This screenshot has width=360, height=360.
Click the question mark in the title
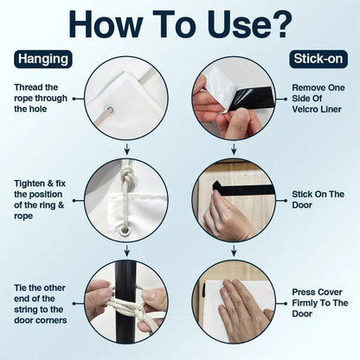coord(280,23)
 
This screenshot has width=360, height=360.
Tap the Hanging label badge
coord(43,59)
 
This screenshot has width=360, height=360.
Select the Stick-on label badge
coord(318,59)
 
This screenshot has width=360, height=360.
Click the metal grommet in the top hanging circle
coord(109,110)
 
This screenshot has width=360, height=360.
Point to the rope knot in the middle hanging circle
coord(126,176)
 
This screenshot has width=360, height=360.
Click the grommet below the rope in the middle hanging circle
coord(125,230)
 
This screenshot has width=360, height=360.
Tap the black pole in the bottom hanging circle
coord(125,300)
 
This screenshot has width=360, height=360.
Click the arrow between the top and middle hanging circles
coord(126,149)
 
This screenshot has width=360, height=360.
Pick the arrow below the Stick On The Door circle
coord(234,250)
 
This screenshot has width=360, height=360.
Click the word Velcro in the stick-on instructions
coord(305,109)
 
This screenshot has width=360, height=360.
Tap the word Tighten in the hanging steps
coord(30,183)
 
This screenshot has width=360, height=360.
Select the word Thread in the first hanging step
coord(29,87)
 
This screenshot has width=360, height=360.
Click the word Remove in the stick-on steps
coord(308,87)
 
